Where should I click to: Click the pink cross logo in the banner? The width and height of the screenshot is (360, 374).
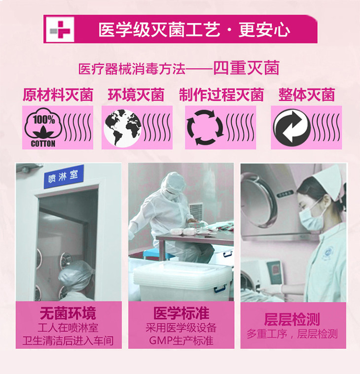60,30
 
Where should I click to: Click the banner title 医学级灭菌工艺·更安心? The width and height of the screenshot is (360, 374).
194,30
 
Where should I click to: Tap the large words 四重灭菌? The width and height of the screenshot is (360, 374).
246,68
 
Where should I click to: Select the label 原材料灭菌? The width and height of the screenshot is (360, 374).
58,95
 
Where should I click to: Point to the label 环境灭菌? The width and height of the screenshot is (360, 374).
136,95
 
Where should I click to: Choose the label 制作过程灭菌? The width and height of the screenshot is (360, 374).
221,95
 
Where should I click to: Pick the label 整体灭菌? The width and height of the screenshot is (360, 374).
307,95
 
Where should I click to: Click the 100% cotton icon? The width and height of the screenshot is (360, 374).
43,127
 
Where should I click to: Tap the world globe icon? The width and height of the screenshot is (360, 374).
122,128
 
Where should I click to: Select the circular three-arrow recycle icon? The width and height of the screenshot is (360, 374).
205,127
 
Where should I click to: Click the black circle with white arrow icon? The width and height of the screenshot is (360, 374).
292,128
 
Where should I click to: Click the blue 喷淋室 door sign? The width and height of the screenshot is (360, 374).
64,177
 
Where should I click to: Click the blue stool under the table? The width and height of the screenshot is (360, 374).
159,254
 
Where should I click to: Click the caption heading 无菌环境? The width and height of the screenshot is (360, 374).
68,313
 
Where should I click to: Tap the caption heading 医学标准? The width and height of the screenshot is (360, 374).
181,313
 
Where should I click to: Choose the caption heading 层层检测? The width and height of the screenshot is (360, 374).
292,319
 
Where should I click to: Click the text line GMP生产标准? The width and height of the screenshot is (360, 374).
181,340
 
